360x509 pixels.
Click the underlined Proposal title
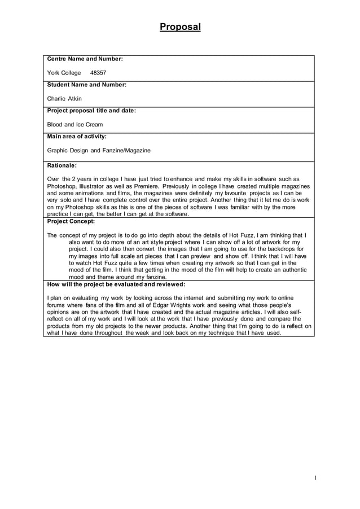pyautogui.click(x=180, y=27)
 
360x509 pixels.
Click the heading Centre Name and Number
pyautogui.click(x=85, y=59)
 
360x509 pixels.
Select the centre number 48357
pyautogui.click(x=98, y=73)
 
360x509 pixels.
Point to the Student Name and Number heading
pyautogui.click(x=86, y=85)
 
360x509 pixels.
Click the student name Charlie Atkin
pyautogui.click(x=64, y=99)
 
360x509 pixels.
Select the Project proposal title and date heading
pyautogui.click(x=91, y=111)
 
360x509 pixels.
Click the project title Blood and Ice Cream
pyautogui.click(x=75, y=125)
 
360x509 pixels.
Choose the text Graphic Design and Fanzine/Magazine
pyautogui.click(x=99, y=151)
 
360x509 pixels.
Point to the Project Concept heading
pyautogui.click(x=71, y=222)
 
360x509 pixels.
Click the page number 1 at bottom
pyautogui.click(x=315, y=479)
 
